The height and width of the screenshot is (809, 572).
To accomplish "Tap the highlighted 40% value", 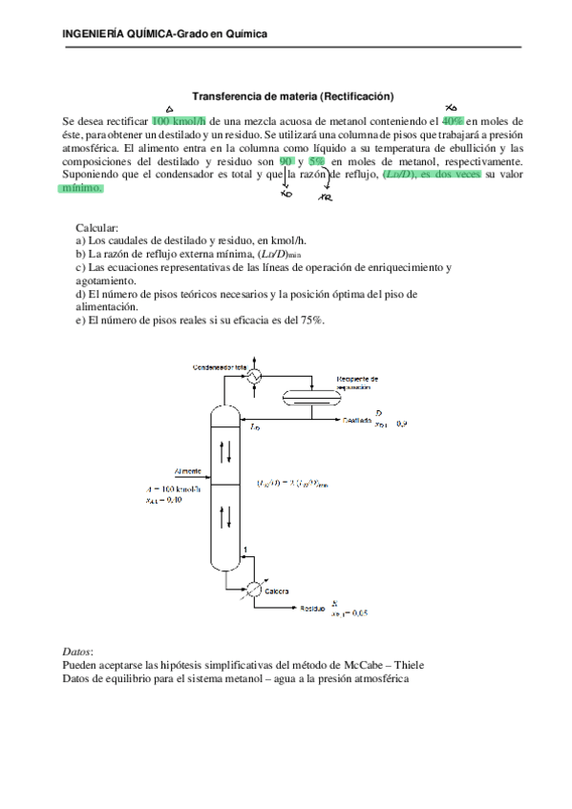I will (x=452, y=122).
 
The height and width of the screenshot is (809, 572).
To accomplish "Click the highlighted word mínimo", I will (x=82, y=189).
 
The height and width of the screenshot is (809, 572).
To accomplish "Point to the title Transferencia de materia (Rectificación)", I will (x=293, y=95).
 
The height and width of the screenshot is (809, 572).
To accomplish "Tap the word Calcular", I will (x=96, y=229).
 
